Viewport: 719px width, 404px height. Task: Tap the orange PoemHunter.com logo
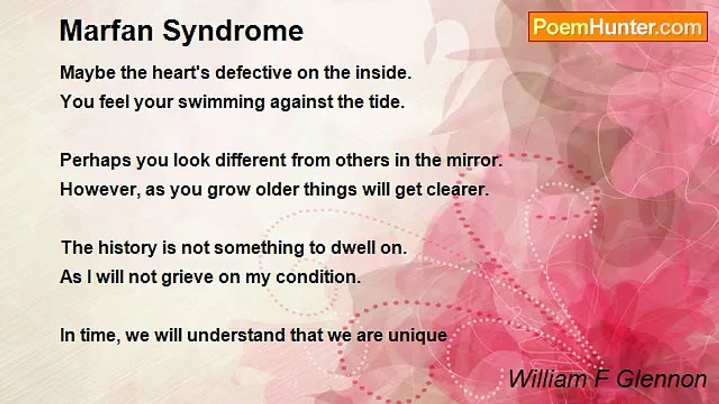tap(618, 27)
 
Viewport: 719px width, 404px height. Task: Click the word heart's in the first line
tap(181, 72)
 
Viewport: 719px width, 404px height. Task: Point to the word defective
tap(253, 72)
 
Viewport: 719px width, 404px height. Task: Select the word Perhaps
tap(95, 161)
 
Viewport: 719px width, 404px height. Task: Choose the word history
tap(128, 249)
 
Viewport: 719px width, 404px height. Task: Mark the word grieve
tap(187, 278)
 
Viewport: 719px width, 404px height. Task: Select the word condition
tap(318, 277)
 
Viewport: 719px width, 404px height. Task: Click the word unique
tap(417, 336)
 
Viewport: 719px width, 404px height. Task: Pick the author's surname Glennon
tap(662, 379)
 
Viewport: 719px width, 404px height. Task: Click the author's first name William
tap(548, 379)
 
